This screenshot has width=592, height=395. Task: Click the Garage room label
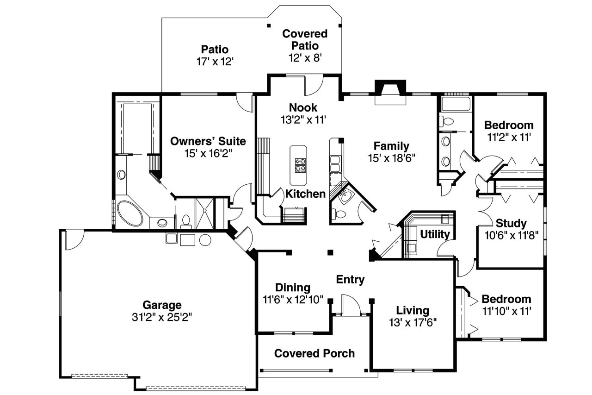click(x=161, y=305)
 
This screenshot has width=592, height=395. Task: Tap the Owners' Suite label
click(x=208, y=141)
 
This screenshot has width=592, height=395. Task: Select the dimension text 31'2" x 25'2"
click(x=161, y=317)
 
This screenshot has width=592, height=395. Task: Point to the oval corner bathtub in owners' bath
click(x=130, y=213)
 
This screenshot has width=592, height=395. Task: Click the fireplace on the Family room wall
click(x=390, y=92)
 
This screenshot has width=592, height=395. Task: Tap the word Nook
click(x=303, y=108)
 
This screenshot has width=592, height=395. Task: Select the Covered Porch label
click(x=314, y=353)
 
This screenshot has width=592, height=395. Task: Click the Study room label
click(x=511, y=224)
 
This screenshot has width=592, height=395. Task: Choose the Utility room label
click(x=435, y=234)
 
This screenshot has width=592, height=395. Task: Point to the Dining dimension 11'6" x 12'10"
click(x=293, y=300)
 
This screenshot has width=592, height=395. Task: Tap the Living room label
click(x=413, y=310)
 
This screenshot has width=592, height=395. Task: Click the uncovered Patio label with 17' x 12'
click(x=215, y=50)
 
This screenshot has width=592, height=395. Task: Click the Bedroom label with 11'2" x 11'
click(x=509, y=125)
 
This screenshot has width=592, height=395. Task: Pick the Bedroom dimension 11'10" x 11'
click(x=506, y=311)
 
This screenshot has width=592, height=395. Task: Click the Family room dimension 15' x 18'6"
click(x=392, y=158)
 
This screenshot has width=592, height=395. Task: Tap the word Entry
click(x=350, y=280)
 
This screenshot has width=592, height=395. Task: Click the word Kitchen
click(x=305, y=194)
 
